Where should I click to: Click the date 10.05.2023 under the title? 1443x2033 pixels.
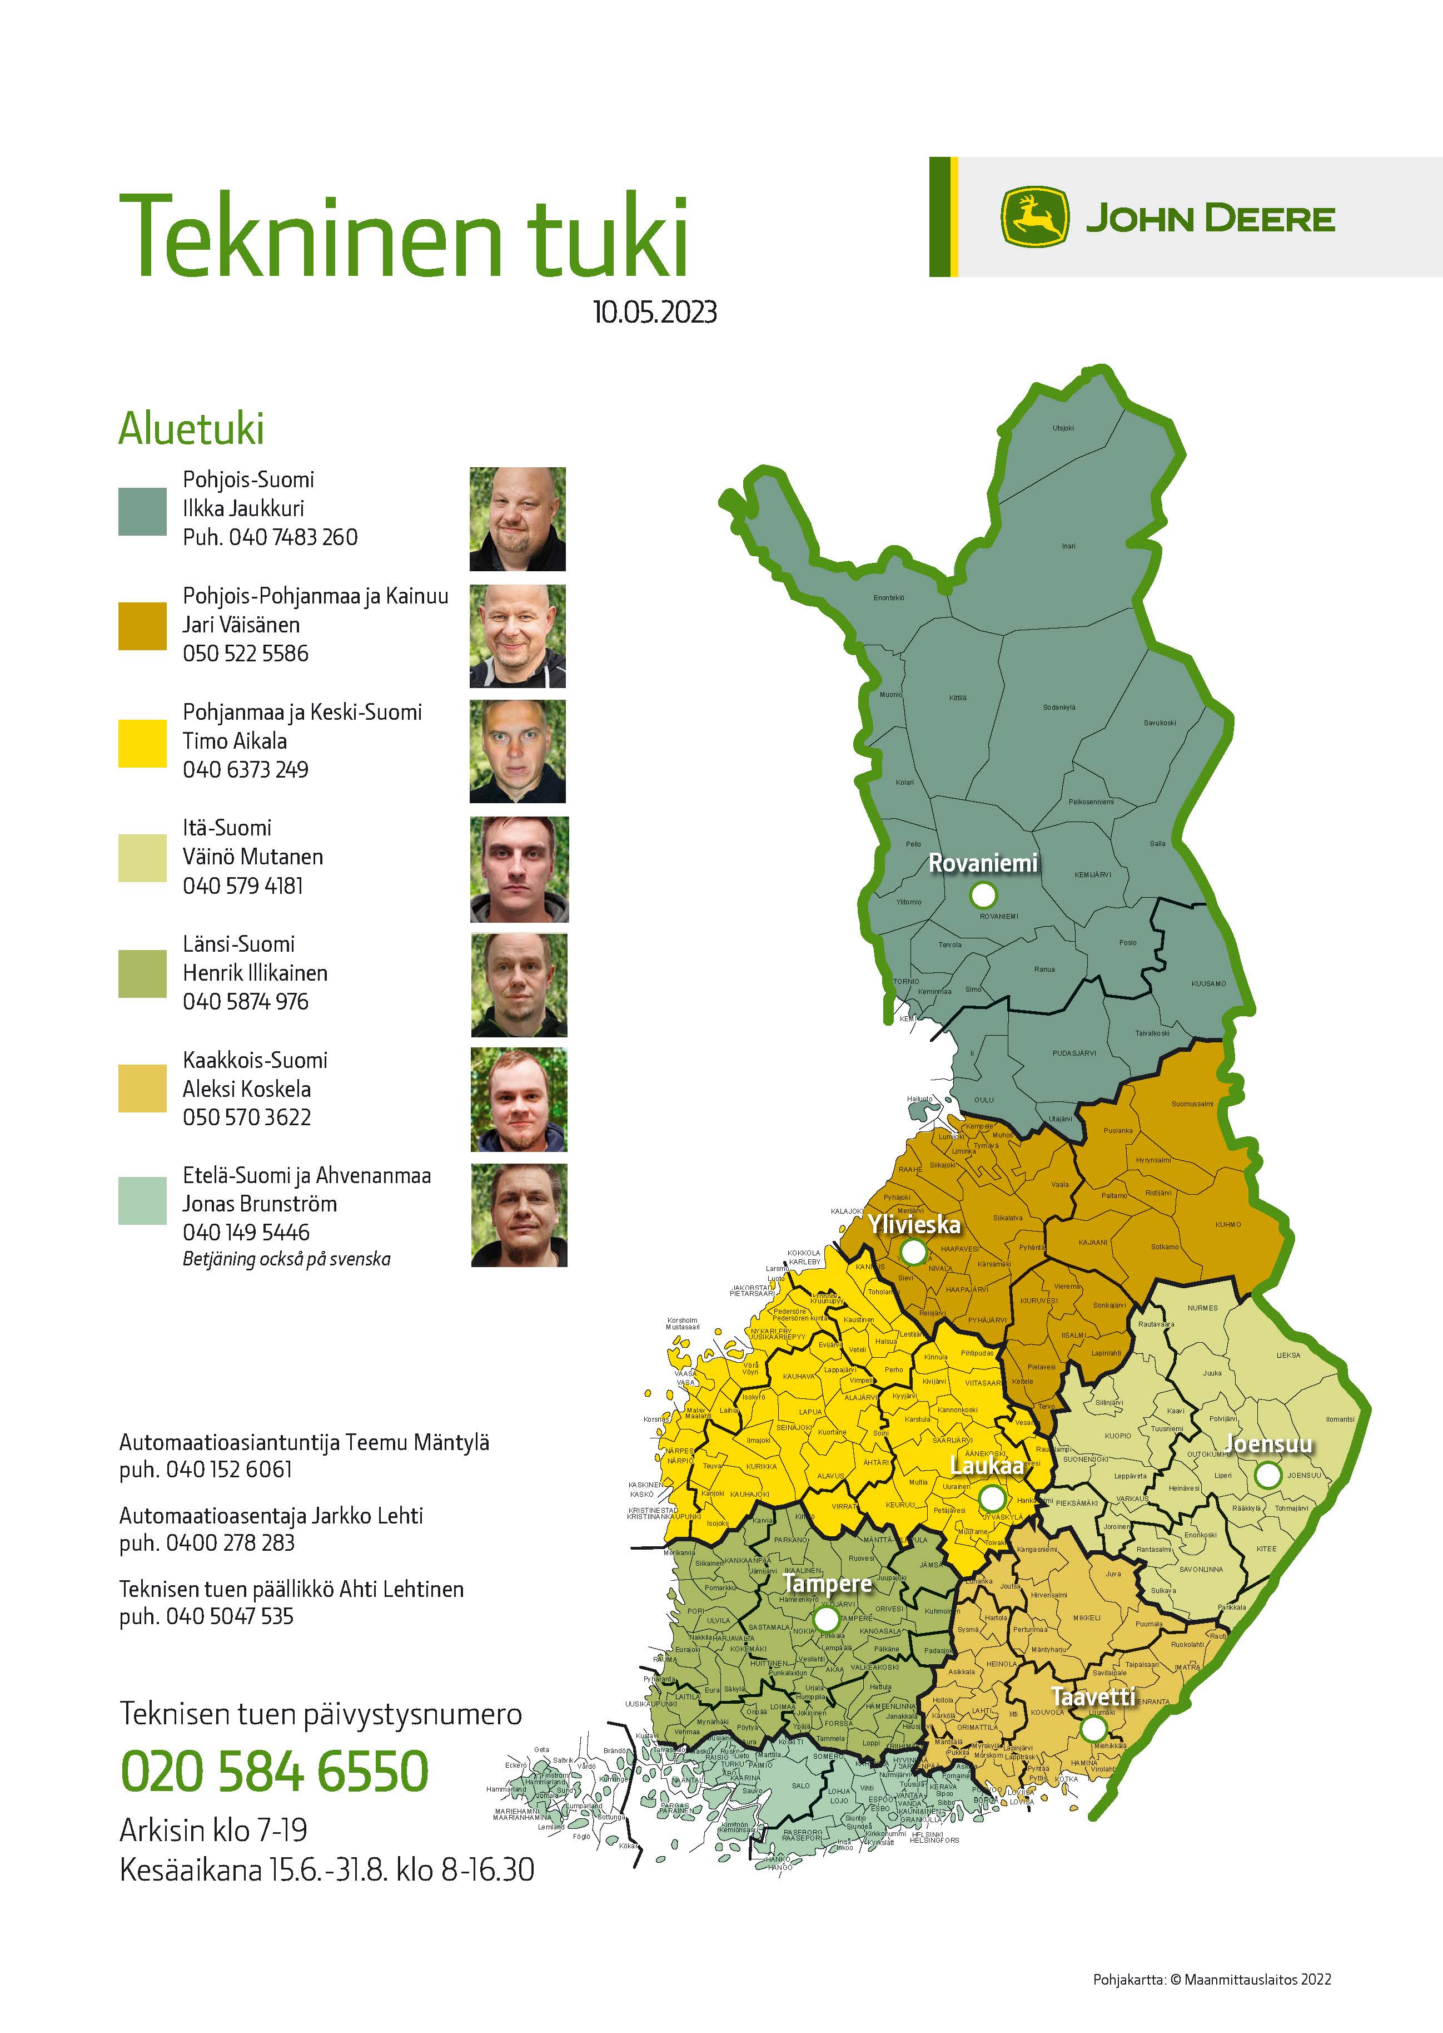pyautogui.click(x=654, y=312)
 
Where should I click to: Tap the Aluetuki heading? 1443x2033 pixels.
pyautogui.click(x=192, y=428)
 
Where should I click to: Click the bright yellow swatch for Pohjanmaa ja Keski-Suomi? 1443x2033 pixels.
pyautogui.click(x=142, y=743)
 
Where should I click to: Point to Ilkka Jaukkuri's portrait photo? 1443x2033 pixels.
pyautogui.click(x=517, y=519)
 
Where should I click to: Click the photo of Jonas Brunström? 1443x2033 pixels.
pyautogui.click(x=519, y=1215)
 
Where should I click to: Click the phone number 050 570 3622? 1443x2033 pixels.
pyautogui.click(x=247, y=1117)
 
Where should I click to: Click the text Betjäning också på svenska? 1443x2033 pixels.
pyautogui.click(x=286, y=1259)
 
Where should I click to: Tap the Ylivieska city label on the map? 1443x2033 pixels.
pyautogui.click(x=914, y=1225)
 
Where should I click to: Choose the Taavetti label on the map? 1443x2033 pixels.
pyautogui.click(x=1093, y=1696)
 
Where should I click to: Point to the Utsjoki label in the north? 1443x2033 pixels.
pyautogui.click(x=1063, y=428)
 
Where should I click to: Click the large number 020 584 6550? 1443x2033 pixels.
pyautogui.click(x=275, y=1772)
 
